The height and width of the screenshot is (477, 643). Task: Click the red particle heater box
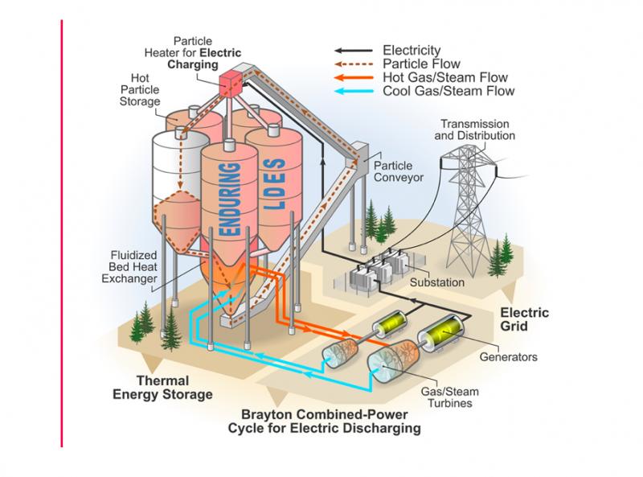(231, 84)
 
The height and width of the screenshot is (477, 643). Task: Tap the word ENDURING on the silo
(230, 199)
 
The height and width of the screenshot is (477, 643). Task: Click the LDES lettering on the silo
(274, 185)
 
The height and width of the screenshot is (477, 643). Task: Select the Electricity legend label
(412, 51)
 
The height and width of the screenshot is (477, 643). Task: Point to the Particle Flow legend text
(421, 64)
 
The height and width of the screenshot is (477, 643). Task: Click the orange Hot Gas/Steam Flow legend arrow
(354, 77)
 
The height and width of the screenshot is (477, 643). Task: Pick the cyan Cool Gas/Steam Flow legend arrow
(354, 91)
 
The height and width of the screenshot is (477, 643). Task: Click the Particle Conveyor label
(398, 171)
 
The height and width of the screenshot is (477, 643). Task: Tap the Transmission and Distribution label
(475, 130)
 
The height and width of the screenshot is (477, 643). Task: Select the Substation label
(437, 282)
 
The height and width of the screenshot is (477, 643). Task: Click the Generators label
(508, 356)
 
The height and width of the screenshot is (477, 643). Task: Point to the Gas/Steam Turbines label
(450, 397)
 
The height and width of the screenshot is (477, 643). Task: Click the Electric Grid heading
(524, 319)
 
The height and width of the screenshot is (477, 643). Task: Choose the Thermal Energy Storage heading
(163, 388)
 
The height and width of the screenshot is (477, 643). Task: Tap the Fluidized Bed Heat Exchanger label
(129, 267)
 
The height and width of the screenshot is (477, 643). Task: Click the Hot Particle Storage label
(140, 89)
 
